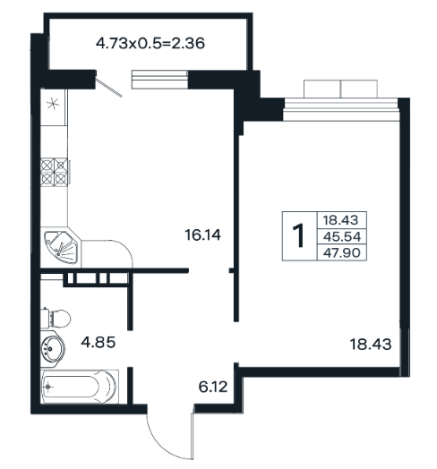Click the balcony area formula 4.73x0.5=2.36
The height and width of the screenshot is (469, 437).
click(x=150, y=43)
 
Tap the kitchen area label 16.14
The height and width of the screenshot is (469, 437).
click(x=203, y=234)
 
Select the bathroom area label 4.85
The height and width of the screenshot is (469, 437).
click(x=99, y=342)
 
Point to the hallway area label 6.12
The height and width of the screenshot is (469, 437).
click(x=213, y=387)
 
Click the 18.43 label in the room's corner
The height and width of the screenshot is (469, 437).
click(x=371, y=345)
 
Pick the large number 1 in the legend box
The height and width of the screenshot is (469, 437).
click(x=298, y=236)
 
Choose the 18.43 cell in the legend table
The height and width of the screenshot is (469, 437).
click(x=340, y=220)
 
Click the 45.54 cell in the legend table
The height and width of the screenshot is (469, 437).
click(x=342, y=236)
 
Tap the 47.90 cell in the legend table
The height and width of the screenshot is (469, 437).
click(x=342, y=252)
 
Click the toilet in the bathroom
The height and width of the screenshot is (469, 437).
click(x=56, y=319)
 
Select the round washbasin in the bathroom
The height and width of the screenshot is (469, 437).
click(x=52, y=349)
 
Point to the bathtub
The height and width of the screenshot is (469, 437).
click(x=79, y=387)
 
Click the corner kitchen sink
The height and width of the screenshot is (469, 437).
click(x=61, y=248)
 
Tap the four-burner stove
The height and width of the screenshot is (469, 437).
click(x=54, y=172)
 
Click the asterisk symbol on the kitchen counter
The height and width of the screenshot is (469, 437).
click(x=53, y=104)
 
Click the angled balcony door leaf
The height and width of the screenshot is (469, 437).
click(x=108, y=87)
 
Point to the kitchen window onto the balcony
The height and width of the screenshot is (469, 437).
click(x=159, y=80)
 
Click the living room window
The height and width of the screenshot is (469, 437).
click(x=341, y=109)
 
